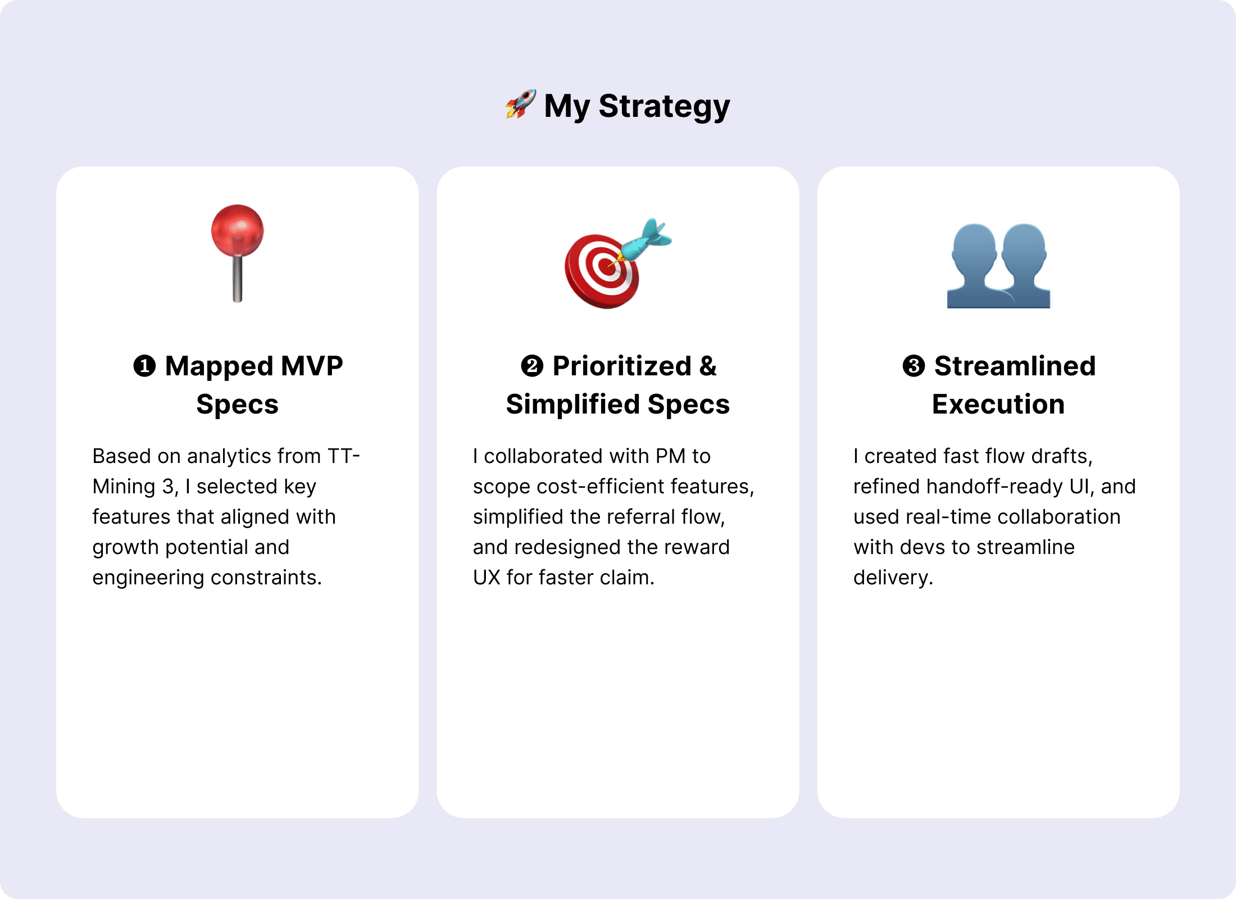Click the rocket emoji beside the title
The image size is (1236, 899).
[520, 104]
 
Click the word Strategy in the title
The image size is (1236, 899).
[664, 107]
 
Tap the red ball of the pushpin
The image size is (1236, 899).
[237, 230]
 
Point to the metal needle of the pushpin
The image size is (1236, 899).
[238, 279]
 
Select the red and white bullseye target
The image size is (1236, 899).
[602, 271]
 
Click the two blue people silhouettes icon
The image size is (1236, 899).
[998, 266]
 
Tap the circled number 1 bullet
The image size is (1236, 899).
[144, 366]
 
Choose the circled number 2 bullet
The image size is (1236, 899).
[532, 366]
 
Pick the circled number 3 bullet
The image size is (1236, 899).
[914, 366]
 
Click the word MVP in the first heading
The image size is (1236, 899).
[312, 366]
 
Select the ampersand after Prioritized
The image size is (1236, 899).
[708, 366]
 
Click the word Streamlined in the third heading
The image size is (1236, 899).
[1015, 366]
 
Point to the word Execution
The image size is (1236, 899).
[998, 405]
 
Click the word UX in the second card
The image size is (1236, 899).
[487, 578]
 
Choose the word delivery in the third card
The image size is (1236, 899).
[893, 578]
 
